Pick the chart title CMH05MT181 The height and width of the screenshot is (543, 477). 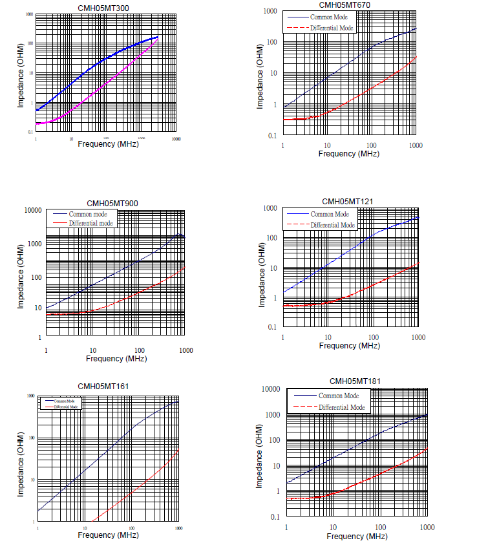click(355, 381)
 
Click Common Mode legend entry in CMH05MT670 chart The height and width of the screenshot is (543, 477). click(330, 17)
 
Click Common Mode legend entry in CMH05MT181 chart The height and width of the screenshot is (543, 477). click(338, 396)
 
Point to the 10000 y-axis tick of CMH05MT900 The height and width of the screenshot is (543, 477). click(30, 210)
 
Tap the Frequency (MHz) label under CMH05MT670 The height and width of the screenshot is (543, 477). click(348, 154)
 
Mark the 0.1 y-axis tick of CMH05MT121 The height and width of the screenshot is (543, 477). click(272, 328)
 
